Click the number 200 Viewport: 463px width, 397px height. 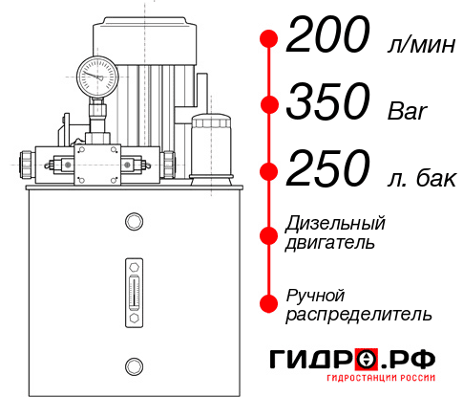tap(327, 38)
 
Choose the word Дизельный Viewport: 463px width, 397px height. tap(336, 224)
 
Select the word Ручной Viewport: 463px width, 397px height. tap(316, 294)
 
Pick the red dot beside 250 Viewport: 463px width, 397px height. tap(269, 172)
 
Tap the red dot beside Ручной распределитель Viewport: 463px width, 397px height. tap(269, 302)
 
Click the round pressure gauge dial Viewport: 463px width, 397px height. tap(97, 71)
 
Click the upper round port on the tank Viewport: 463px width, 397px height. tap(134, 223)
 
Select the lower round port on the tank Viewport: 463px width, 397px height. tap(134, 364)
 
